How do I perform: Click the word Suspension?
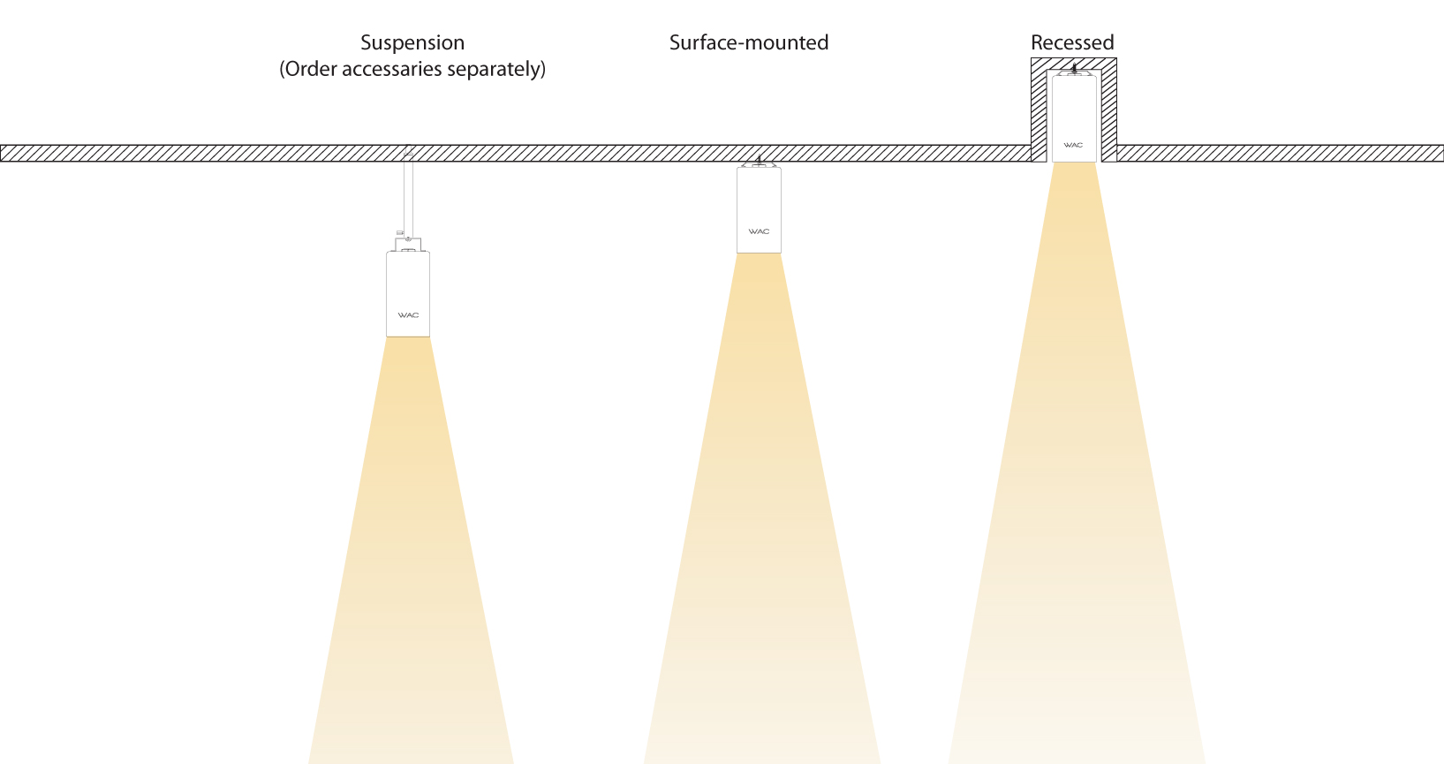click(x=412, y=43)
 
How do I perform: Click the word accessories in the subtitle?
click(x=392, y=70)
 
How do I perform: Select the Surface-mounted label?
click(x=748, y=42)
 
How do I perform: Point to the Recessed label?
click(x=1072, y=42)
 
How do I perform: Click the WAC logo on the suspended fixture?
click(x=408, y=315)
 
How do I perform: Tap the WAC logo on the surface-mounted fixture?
click(x=759, y=231)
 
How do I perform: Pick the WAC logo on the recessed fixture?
click(x=1073, y=145)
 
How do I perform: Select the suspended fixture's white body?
click(x=408, y=283)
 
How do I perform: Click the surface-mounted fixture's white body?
click(x=759, y=199)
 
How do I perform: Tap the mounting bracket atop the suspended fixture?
click(x=408, y=244)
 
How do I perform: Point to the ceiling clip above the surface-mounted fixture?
click(x=759, y=163)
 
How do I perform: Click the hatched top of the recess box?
click(x=1074, y=63)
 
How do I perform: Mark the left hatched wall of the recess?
click(x=1039, y=110)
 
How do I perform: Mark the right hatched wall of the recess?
click(x=1108, y=110)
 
